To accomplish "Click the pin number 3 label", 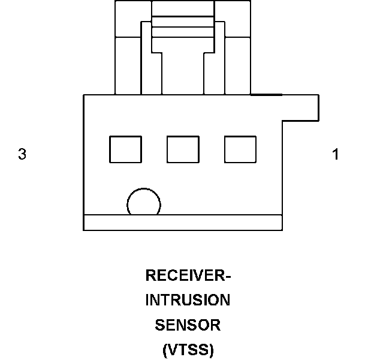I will (x=22, y=154).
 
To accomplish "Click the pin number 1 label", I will (x=336, y=154).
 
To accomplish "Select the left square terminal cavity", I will (x=125, y=149).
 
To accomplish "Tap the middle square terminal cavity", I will (x=183, y=149).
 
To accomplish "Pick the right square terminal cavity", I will (x=240, y=149).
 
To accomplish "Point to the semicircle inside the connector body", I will (x=144, y=204).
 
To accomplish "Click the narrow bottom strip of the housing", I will (x=183, y=222).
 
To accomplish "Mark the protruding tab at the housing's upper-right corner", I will (x=300, y=107).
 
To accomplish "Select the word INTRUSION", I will (x=188, y=300).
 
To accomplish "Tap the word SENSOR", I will (x=188, y=325).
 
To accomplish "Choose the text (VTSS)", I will (x=188, y=350).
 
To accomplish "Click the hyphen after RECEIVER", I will (x=228, y=277).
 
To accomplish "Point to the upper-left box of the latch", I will (x=133, y=18).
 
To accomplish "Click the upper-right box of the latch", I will (x=232, y=18).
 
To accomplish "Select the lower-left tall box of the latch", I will (x=127, y=65).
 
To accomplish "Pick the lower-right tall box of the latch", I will (x=237, y=65).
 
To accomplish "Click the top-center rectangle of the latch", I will (x=183, y=8).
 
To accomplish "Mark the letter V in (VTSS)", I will (x=171, y=350).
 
